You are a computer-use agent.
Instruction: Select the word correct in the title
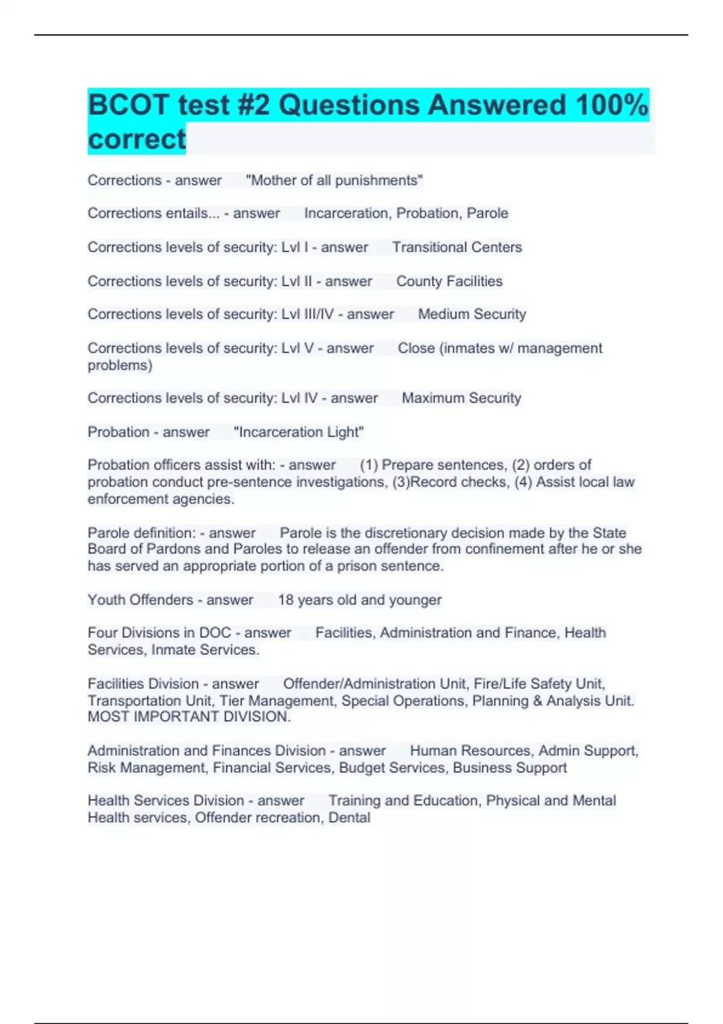(x=137, y=139)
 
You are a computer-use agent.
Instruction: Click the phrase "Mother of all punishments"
(x=334, y=181)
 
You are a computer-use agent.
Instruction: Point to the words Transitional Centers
(x=457, y=247)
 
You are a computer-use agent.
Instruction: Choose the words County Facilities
(x=449, y=281)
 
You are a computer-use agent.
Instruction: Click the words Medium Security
(x=472, y=314)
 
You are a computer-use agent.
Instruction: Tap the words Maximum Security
(x=461, y=398)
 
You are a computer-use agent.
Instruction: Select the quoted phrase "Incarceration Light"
(x=298, y=432)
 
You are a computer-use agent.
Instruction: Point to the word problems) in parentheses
(x=120, y=365)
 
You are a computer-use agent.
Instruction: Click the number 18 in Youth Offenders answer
(x=286, y=600)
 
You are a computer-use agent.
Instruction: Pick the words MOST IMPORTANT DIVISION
(x=189, y=717)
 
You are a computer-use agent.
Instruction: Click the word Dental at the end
(x=349, y=817)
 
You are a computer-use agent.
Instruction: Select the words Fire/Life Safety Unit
(x=539, y=684)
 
